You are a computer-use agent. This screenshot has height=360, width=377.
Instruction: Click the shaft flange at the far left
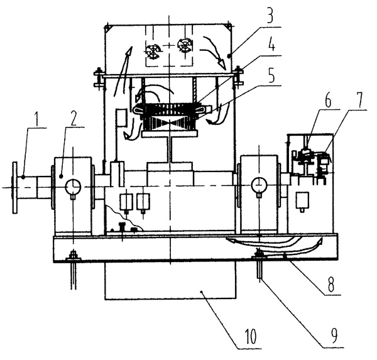[14, 187]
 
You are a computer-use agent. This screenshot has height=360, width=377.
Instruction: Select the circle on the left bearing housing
[74, 186]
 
